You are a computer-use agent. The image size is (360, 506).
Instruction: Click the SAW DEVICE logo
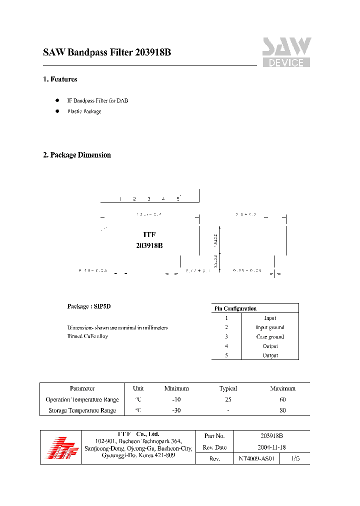tap(286, 52)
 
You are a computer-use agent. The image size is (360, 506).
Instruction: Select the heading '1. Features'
tap(60, 79)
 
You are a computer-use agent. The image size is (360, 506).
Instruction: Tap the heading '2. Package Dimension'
tap(77, 155)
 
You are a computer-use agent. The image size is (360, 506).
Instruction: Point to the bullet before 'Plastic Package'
tap(57, 111)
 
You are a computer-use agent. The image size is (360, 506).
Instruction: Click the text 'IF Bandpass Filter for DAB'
tap(97, 100)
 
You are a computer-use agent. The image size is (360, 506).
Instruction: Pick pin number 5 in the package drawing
tap(177, 199)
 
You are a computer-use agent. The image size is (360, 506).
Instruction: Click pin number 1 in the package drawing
tap(120, 199)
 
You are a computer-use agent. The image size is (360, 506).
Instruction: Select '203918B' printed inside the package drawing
tap(149, 245)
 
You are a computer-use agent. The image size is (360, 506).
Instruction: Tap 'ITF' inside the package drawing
tap(149, 234)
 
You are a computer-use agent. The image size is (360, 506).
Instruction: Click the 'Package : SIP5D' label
tap(89, 306)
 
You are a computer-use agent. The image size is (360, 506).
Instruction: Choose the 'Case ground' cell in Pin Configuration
tap(270, 337)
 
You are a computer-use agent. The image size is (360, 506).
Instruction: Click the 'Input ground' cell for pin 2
tap(270, 327)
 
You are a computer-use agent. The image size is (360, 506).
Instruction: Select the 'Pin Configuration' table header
tap(235, 308)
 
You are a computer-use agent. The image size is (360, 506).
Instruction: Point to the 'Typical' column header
tap(228, 388)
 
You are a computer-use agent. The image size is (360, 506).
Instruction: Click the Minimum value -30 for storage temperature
tap(176, 410)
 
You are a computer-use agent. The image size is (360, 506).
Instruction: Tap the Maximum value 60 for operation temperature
tap(282, 399)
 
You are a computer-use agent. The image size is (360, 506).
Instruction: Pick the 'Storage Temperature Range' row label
tap(82, 410)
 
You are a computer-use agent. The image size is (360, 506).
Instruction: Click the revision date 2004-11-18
tap(271, 447)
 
